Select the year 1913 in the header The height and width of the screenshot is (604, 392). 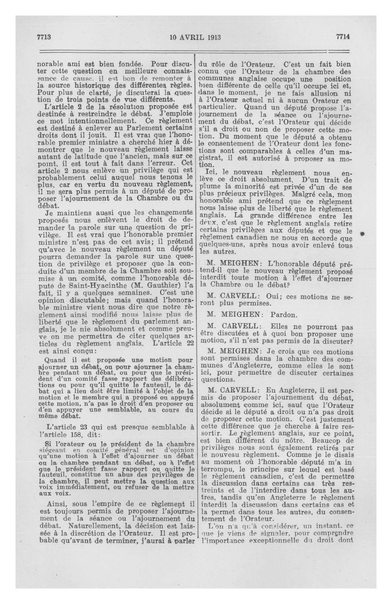pyautogui.click(x=214, y=37)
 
